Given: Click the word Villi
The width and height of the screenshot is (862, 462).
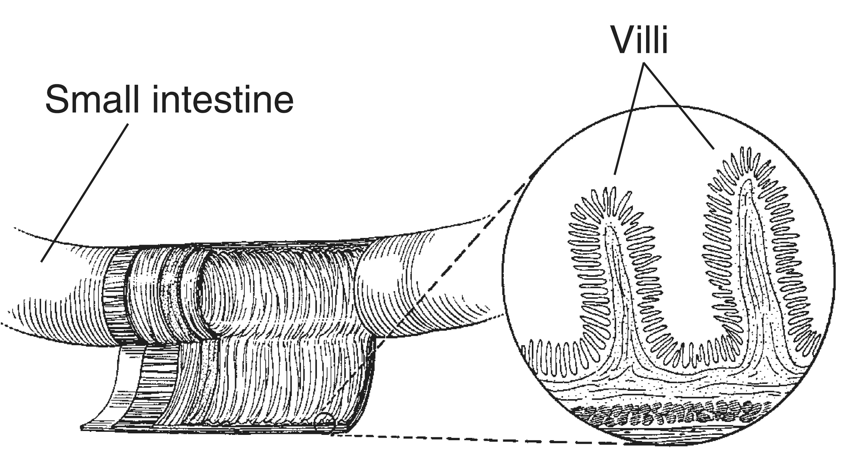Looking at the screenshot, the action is click(x=639, y=39).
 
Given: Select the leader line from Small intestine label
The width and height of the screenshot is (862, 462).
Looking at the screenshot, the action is click(x=84, y=193).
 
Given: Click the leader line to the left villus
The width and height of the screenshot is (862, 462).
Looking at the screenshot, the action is click(x=629, y=119).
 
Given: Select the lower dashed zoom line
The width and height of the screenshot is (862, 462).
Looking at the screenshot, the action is click(x=482, y=440).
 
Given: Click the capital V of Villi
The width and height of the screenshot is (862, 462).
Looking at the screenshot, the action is click(x=624, y=39).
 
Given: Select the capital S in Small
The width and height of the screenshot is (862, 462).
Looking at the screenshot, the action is click(x=57, y=99).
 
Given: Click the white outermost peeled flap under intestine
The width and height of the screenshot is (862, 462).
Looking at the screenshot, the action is click(x=110, y=388).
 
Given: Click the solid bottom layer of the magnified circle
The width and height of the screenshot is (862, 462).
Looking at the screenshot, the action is click(x=669, y=435).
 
